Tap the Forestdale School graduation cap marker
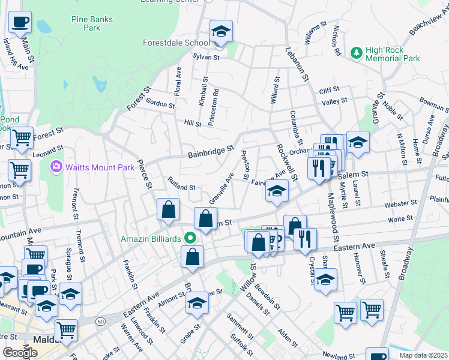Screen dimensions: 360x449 pos(221,32)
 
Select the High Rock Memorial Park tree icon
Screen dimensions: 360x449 pos(357,53)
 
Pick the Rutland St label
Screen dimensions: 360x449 pos(181,187)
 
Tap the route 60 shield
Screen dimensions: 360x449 pos(100,322)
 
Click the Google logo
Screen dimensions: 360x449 pos(20,352)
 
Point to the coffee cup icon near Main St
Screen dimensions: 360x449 pos(20,23)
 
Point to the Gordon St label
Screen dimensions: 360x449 pos(160,104)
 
